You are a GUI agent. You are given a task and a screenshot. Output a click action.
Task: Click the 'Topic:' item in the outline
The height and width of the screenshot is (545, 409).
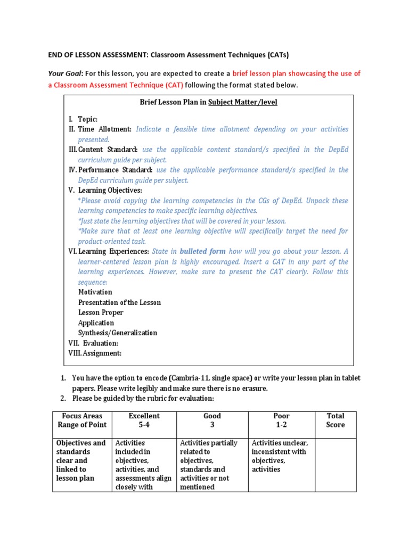click(87, 119)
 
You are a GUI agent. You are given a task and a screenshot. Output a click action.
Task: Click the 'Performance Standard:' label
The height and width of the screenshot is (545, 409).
click(116, 170)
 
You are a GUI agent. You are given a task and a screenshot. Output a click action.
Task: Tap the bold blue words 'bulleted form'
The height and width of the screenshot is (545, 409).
click(202, 251)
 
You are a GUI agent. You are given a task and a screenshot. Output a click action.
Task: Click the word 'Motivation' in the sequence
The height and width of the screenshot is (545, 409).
click(95, 292)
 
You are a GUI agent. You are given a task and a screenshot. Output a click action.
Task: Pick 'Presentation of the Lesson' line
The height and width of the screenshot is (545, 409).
click(119, 302)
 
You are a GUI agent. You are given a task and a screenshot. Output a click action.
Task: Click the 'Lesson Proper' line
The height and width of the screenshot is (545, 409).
click(101, 312)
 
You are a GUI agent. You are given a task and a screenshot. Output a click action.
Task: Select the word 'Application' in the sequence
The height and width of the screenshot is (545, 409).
click(96, 323)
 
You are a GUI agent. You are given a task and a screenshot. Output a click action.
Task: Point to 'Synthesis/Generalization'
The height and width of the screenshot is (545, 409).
click(118, 333)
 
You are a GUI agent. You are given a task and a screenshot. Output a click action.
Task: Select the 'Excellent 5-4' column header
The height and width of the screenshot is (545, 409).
click(144, 420)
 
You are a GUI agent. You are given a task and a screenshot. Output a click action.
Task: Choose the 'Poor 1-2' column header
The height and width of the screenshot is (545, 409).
click(281, 420)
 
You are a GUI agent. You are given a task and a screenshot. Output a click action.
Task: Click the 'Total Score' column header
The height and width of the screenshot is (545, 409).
click(336, 420)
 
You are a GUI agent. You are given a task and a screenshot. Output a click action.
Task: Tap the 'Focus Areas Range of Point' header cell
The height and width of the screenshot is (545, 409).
click(82, 420)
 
